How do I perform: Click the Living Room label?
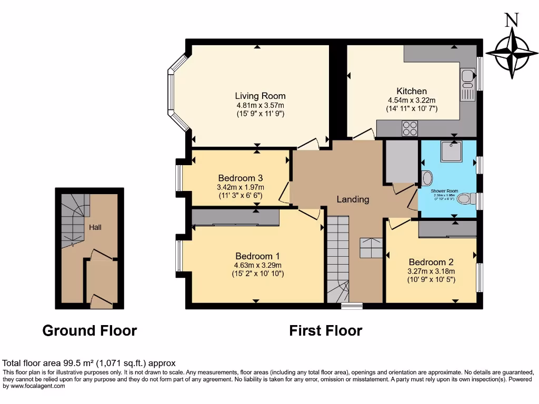coord(260,96)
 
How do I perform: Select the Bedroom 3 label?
coord(240,178)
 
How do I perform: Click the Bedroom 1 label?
coord(257,256)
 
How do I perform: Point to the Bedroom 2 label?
coord(431,262)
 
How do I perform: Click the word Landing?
coord(353,199)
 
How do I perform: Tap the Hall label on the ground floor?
coord(95,227)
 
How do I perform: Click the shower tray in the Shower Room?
coord(451,151)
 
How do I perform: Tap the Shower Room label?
coord(444,191)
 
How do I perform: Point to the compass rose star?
coord(511,53)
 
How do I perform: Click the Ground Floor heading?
coord(89,330)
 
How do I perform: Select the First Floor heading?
coord(325,330)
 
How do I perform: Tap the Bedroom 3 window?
coord(178,178)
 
